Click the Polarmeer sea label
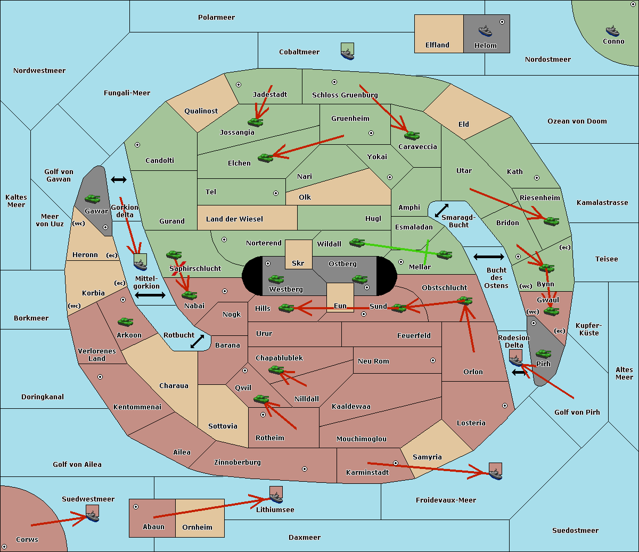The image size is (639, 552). coord(216,18)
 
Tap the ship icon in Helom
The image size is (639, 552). coord(485,30)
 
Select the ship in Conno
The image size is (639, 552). coord(612,31)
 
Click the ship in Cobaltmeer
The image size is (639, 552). coord(347,52)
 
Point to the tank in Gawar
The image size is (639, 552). coord(92,199)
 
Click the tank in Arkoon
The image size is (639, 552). coord(125,322)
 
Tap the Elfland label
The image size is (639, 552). coord(437,45)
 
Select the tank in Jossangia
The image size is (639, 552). coord(256,122)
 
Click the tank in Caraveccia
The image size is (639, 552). coord(412,136)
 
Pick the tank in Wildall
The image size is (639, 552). coord(357,243)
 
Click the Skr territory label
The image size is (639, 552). coord(298,263)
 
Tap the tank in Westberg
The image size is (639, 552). coord(276,279)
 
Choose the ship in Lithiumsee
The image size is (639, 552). coord(276,497)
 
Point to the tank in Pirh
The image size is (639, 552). coord(543,354)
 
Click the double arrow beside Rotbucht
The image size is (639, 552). coord(197,342)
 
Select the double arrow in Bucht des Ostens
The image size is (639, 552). coord(488,257)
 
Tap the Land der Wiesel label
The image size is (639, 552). coord(234,219)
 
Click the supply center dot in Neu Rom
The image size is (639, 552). coord(433,360)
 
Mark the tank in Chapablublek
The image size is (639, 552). coord(276,370)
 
